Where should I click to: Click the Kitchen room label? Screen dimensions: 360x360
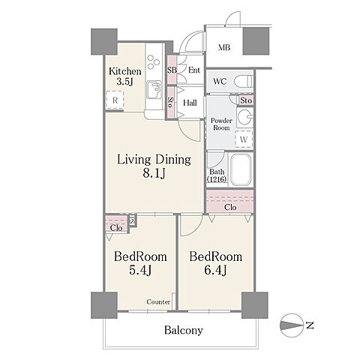pyautogui.click(x=125, y=71)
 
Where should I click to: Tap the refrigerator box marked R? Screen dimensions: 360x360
pyautogui.click(x=115, y=100)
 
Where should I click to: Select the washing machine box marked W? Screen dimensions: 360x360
pyautogui.click(x=244, y=139)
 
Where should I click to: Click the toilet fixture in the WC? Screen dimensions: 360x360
pyautogui.click(x=244, y=81)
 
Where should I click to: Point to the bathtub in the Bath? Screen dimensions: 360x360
pyautogui.click(x=241, y=169)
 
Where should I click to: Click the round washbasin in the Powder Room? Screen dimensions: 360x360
pyautogui.click(x=244, y=117)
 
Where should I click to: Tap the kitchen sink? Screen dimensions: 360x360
pyautogui.click(x=154, y=89)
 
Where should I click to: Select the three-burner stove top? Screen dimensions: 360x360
pyautogui.click(x=154, y=61)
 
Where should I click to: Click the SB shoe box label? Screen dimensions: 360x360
pyautogui.click(x=172, y=70)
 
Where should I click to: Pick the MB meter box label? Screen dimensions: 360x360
pyautogui.click(x=224, y=47)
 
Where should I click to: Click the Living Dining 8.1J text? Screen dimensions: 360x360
pyautogui.click(x=154, y=166)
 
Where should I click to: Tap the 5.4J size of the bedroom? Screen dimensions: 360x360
pyautogui.click(x=140, y=270)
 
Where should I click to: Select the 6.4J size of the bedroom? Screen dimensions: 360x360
pyautogui.click(x=215, y=270)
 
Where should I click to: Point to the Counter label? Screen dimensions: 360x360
pyautogui.click(x=158, y=301)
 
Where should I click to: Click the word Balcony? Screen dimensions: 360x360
pyautogui.click(x=184, y=330)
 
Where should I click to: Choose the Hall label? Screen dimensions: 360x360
pyautogui.click(x=190, y=103)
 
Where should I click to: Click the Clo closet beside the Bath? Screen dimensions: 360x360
pyautogui.click(x=229, y=202)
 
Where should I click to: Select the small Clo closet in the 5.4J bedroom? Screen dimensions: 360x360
pyautogui.click(x=116, y=224)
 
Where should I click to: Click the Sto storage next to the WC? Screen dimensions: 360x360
pyautogui.click(x=246, y=100)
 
